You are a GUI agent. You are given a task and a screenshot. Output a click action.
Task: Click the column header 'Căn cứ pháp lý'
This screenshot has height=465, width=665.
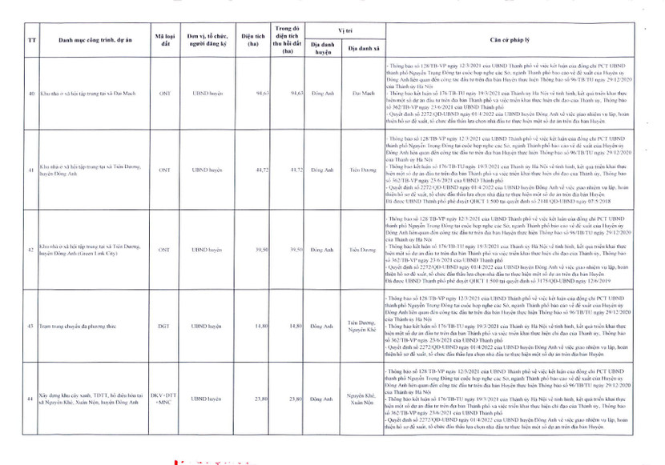click(520, 38)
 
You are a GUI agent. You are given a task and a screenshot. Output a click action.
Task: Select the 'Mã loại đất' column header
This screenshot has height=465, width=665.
click(165, 38)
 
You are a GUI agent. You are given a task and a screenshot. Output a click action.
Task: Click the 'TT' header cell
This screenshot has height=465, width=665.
click(31, 38)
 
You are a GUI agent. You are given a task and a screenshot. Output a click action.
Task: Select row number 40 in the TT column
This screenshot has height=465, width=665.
click(31, 93)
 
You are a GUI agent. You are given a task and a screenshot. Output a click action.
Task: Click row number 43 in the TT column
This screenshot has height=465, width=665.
click(31, 327)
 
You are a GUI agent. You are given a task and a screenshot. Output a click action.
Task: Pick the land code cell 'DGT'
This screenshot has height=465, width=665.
click(165, 327)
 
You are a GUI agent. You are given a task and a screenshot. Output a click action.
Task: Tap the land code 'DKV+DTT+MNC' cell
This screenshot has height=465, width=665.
click(165, 398)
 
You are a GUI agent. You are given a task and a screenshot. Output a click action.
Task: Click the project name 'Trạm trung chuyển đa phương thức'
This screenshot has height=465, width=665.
click(76, 327)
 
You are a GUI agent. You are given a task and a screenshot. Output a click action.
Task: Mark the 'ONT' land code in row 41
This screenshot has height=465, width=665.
click(165, 170)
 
